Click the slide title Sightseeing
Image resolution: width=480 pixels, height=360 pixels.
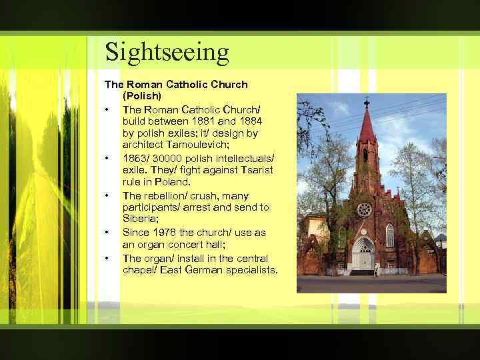click(x=167, y=51)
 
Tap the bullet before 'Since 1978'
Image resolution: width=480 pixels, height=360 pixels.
click(x=106, y=233)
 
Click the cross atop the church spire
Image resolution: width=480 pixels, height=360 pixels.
click(x=366, y=103)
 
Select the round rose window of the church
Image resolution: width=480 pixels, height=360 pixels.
click(x=364, y=210)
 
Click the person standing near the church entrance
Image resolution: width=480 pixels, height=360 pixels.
click(x=376, y=269)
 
